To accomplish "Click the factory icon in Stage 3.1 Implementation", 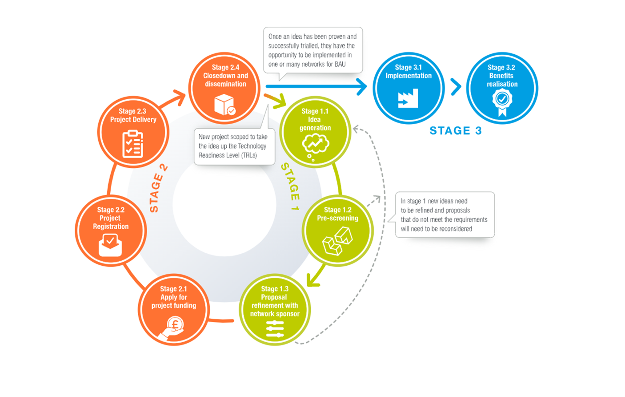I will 408,98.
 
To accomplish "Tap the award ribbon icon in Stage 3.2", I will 502,102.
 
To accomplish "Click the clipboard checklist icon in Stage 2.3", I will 132,144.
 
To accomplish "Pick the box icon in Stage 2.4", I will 224,105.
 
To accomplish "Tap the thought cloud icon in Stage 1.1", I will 315,145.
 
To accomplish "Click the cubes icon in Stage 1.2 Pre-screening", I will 337,241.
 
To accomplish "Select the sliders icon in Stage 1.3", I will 274,328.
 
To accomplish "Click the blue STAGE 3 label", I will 456,130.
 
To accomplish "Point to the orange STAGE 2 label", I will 158,188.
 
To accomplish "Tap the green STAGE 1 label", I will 290,186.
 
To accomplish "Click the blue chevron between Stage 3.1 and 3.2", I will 456,87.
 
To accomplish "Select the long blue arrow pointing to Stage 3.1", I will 316,86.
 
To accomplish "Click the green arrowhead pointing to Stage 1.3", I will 313,279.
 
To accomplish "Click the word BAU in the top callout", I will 340,65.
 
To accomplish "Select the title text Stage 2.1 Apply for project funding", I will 173,297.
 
